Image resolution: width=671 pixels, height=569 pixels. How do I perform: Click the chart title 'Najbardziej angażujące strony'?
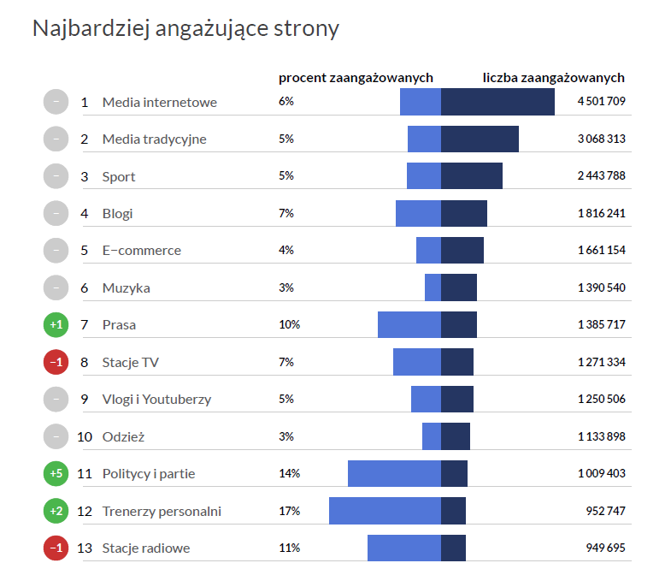click(185, 28)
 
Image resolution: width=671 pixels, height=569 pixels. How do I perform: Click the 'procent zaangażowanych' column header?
click(356, 78)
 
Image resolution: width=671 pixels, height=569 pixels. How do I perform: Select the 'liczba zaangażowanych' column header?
click(553, 78)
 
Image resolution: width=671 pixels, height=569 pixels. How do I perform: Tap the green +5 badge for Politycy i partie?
click(56, 473)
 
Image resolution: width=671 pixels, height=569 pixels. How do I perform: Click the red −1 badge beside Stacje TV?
click(56, 362)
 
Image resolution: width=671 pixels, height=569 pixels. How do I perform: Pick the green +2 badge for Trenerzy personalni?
click(56, 511)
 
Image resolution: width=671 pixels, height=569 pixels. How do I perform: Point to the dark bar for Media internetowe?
click(497, 102)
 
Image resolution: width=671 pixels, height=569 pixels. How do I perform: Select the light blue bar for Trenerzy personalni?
click(385, 511)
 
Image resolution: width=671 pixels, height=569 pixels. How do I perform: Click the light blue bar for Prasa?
click(409, 324)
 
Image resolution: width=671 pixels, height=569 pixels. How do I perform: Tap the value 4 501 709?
click(601, 102)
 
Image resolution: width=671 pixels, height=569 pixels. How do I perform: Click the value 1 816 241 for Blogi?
click(601, 213)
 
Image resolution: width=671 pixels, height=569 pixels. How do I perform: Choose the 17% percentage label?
click(289, 511)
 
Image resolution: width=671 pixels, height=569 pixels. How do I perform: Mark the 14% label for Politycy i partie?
click(289, 473)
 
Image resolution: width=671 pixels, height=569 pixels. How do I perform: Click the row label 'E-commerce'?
click(141, 251)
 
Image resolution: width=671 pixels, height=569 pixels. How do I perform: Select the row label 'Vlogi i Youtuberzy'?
click(156, 399)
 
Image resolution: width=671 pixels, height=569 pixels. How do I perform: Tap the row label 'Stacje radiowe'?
click(145, 548)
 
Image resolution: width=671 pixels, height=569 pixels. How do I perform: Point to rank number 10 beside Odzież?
click(85, 436)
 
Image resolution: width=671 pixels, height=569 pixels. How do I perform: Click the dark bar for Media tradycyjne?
click(480, 139)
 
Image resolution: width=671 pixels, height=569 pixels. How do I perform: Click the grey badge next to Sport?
click(56, 176)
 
